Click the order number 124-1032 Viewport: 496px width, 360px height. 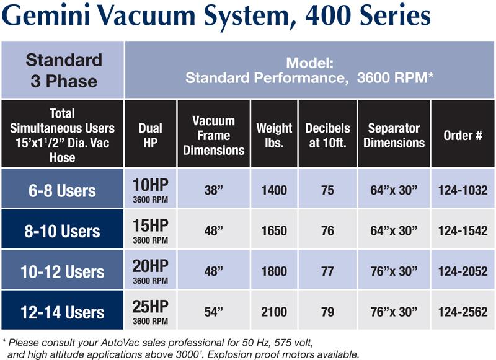coord(463,190)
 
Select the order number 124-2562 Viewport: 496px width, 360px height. coord(463,312)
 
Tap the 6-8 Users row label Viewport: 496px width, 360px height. coord(62,191)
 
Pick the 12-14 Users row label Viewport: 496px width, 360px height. coord(63,312)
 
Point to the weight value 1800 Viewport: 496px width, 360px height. coord(274,271)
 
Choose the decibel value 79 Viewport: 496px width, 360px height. coord(327,312)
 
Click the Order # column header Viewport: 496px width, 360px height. coord(463,135)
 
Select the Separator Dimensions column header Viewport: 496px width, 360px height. coord(394,135)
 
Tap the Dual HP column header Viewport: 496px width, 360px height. coord(150,135)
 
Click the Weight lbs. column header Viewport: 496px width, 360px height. coord(274,135)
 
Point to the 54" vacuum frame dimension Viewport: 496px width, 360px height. coord(213,312)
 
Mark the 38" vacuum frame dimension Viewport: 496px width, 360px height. coord(213,190)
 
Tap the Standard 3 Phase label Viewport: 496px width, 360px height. coord(64,71)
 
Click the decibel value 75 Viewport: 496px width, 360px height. coord(327,190)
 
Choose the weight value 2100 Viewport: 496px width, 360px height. coord(274,312)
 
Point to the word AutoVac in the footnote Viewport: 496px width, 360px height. coord(120,343)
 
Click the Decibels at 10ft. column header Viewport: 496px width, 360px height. coord(327,135)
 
